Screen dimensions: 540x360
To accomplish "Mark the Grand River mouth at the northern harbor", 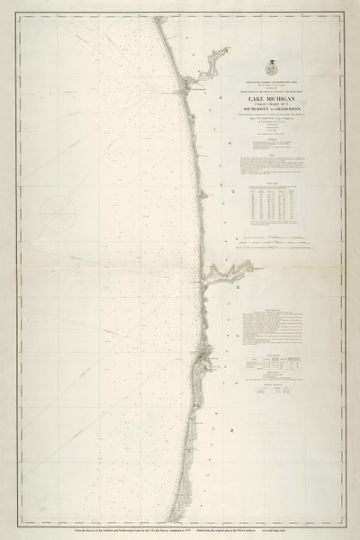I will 187,86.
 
